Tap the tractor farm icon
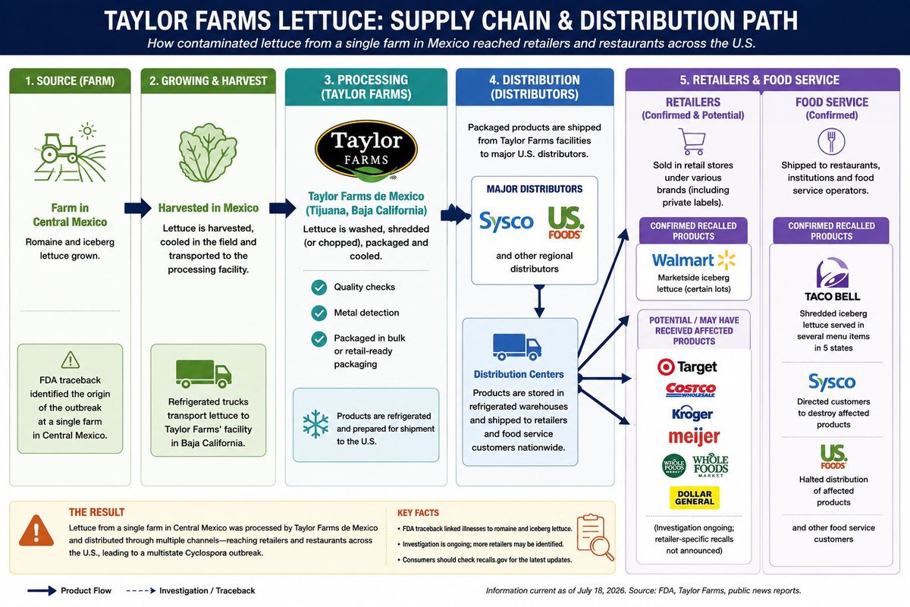click(70, 153)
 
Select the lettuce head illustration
click(208, 153)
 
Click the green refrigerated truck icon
click(203, 373)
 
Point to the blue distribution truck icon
click(517, 347)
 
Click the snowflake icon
click(315, 423)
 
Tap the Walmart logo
click(693, 260)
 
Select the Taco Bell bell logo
click(833, 272)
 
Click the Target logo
click(687, 366)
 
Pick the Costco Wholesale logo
click(691, 390)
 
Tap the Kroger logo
click(692, 413)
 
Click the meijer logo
click(694, 436)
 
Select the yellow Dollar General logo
click(695, 498)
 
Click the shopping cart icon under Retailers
click(692, 141)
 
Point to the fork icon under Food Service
click(832, 141)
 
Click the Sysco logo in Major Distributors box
click(507, 222)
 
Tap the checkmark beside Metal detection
click(319, 313)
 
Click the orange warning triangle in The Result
click(36, 530)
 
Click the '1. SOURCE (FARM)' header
click(70, 80)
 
